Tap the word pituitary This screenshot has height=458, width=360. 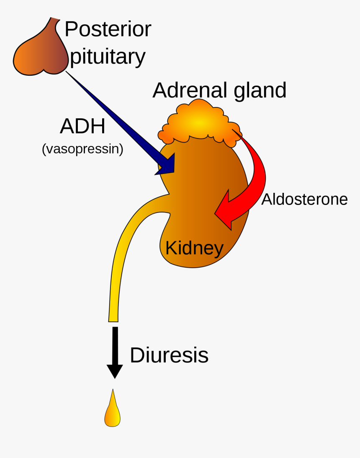(x=108, y=57)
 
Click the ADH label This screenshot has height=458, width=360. (x=82, y=126)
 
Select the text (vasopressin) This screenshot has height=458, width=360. (x=82, y=149)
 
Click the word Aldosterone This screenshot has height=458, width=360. (x=304, y=200)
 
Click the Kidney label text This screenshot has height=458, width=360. (x=194, y=248)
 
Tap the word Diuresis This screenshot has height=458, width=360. (x=169, y=356)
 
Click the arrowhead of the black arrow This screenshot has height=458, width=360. (x=115, y=371)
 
